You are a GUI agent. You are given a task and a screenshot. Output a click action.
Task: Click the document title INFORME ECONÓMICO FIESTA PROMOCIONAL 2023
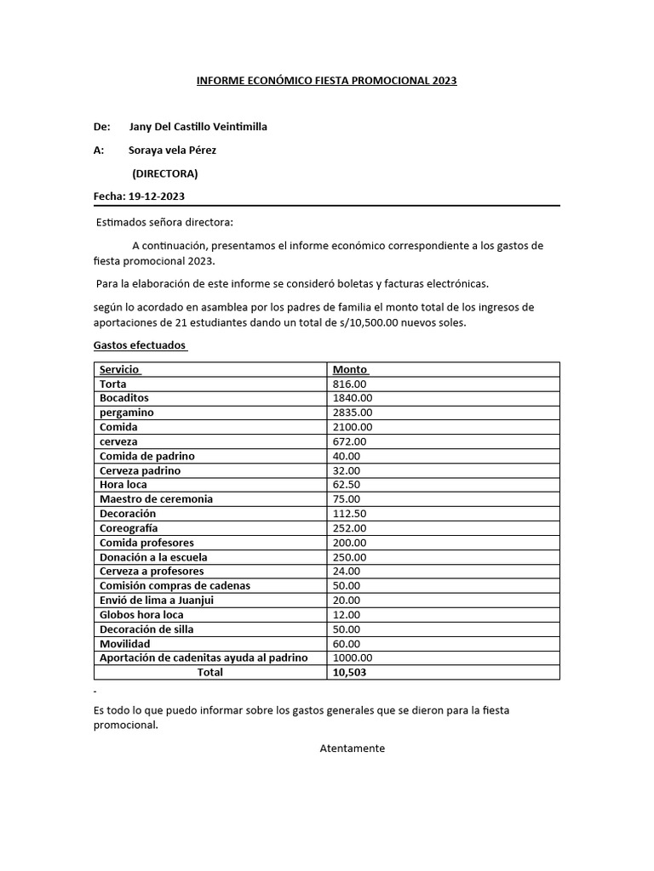pos(326,81)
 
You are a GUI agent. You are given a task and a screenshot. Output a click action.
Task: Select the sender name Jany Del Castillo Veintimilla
pos(198,127)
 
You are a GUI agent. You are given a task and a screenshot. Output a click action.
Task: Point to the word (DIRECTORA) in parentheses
pos(164,174)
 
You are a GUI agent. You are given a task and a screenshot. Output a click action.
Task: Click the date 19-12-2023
pos(157,196)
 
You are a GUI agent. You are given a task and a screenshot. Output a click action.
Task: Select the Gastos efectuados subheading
pos(140,346)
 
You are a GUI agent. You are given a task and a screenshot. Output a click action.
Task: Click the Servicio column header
pos(120,370)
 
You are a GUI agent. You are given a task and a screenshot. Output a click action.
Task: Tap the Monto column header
pos(350,370)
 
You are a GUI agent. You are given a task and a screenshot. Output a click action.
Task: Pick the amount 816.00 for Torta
pos(349,384)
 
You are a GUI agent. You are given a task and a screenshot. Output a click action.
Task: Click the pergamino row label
pos(127,413)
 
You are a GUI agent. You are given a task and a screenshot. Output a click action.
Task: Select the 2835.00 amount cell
pos(353,413)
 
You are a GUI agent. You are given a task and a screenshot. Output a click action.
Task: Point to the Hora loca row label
pos(123,485)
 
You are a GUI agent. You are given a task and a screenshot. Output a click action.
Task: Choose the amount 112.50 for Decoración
pos(349,514)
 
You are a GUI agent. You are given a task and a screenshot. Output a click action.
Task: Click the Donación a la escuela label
pos(153,557)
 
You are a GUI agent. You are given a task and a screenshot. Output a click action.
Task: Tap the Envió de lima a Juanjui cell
pos(157,601)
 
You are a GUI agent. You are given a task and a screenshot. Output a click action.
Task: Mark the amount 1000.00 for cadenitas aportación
pos(353,658)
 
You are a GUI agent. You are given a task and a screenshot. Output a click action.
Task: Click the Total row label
pos(209,673)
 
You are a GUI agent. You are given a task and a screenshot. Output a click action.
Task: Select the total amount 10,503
pos(350,673)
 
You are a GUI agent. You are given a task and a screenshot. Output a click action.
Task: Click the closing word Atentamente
pos(353,749)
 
